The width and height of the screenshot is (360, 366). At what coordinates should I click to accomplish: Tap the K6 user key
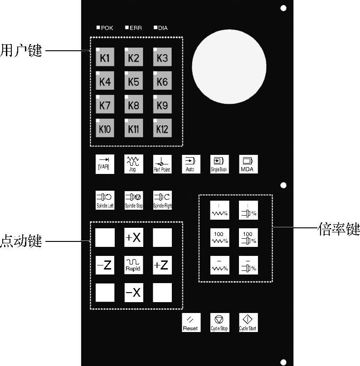click(x=162, y=82)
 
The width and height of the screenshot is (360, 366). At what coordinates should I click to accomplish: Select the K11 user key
click(x=133, y=129)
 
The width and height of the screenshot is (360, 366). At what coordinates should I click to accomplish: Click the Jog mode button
click(x=133, y=164)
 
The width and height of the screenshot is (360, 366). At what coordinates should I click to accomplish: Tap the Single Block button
click(x=219, y=164)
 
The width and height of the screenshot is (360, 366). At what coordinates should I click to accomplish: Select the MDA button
click(x=248, y=164)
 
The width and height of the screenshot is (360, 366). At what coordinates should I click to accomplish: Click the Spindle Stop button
click(x=133, y=200)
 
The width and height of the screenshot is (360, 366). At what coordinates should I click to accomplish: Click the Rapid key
click(x=133, y=265)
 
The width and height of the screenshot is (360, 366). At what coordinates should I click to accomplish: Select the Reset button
click(x=190, y=322)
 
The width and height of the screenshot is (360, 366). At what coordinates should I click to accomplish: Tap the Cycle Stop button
click(x=219, y=322)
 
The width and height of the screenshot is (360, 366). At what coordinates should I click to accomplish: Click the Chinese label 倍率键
click(x=339, y=230)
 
